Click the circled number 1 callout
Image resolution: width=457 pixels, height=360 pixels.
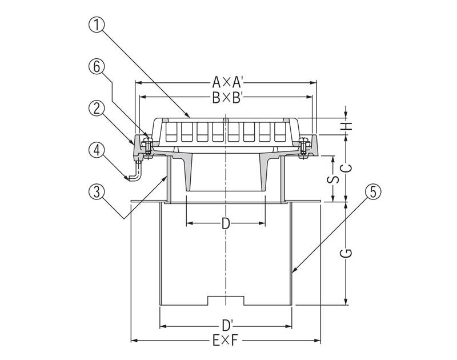pyautogui.click(x=97, y=25)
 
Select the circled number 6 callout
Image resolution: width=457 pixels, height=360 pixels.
pyautogui.click(x=97, y=67)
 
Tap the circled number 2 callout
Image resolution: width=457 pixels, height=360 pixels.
pyautogui.click(x=97, y=109)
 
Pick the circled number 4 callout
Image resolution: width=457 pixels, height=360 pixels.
pyautogui.click(x=97, y=150)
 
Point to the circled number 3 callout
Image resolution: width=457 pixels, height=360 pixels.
pyautogui.click(x=97, y=192)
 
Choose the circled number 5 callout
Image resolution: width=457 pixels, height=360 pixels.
pyautogui.click(x=373, y=192)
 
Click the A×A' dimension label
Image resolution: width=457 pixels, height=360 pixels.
pyautogui.click(x=227, y=82)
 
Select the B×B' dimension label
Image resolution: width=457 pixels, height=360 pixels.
pyautogui.click(x=227, y=98)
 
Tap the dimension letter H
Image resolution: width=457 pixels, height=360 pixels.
pyautogui.click(x=347, y=126)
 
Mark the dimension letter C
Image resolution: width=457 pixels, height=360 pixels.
pyautogui.click(x=347, y=168)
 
